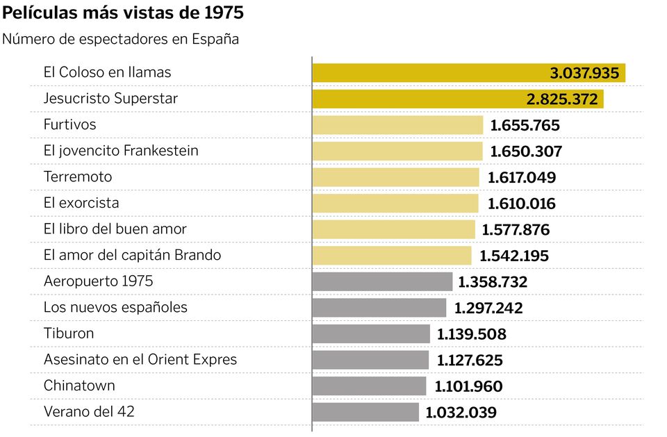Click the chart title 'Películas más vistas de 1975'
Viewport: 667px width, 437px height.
tap(123, 13)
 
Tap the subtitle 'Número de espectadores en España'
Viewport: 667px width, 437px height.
tap(120, 39)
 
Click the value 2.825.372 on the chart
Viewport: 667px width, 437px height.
tap(562, 99)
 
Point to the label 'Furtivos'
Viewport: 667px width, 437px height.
tap(69, 124)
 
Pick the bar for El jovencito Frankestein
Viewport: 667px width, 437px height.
tap(397, 151)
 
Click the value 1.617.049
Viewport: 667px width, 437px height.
tap(522, 177)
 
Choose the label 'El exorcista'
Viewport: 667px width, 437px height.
tap(81, 203)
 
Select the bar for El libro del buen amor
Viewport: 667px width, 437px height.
tap(393, 229)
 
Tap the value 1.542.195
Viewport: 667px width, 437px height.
tap(514, 256)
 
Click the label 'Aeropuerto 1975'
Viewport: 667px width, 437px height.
tap(98, 281)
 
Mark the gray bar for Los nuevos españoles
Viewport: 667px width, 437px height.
tap(379, 308)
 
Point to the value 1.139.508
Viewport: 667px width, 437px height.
tap(472, 334)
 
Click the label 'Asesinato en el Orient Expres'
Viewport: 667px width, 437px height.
tap(140, 359)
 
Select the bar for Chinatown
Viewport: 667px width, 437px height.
tap(369, 386)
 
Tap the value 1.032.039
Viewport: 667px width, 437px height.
tap(461, 413)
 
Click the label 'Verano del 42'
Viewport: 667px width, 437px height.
tap(89, 411)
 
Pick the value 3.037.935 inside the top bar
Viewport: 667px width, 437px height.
tap(584, 73)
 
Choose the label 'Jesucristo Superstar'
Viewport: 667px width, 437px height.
tap(110, 99)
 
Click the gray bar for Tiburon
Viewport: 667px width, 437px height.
tap(371, 334)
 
